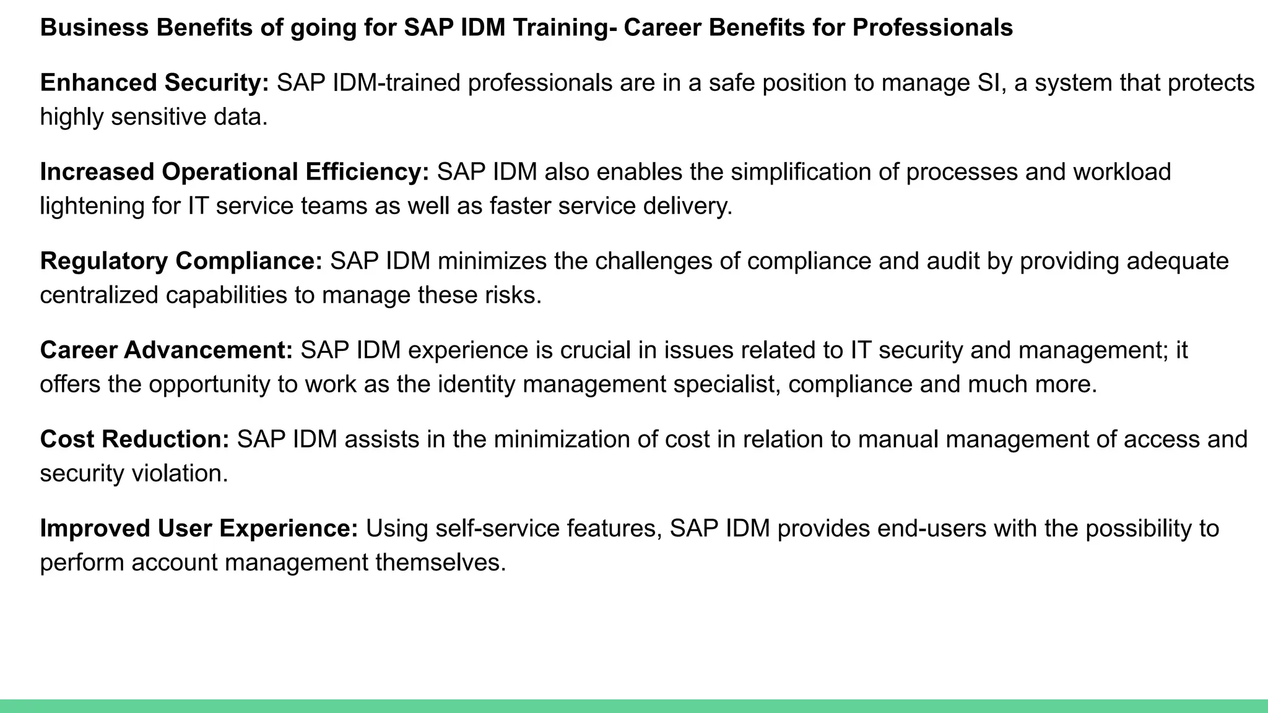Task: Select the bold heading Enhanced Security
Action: pos(154,83)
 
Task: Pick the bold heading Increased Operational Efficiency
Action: pos(234,172)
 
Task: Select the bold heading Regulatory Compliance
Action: pos(181,261)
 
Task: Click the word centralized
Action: pos(99,295)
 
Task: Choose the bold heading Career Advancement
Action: pos(166,350)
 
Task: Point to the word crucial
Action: pos(595,350)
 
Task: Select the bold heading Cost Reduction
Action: pos(134,439)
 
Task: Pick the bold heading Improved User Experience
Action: pos(199,529)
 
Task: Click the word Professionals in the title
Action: pos(932,28)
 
